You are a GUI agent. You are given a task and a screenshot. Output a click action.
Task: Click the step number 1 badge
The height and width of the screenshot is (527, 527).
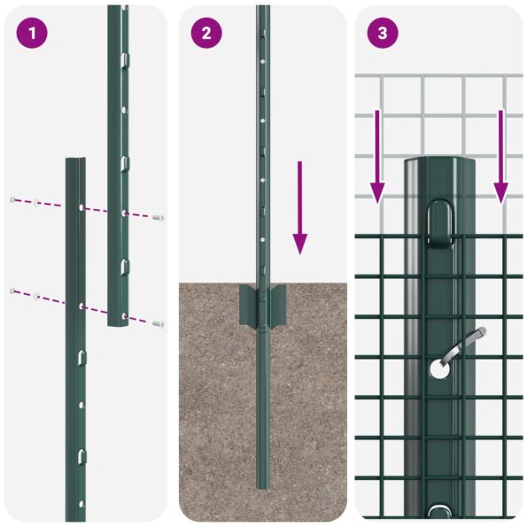point(32,34)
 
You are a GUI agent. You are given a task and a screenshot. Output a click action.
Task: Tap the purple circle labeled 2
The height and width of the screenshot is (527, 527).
point(206,34)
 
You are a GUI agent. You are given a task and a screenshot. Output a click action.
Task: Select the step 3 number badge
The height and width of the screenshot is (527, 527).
point(383,34)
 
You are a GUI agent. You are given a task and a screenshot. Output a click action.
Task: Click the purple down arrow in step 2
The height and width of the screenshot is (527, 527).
point(300,207)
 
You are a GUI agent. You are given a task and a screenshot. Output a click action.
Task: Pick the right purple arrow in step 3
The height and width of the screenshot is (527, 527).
point(501,155)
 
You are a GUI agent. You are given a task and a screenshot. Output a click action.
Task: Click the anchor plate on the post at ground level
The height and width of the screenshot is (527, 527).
point(263,306)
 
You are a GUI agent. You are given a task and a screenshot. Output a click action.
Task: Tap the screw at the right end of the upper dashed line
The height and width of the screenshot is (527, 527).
point(159,217)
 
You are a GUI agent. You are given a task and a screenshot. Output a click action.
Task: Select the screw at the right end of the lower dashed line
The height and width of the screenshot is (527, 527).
point(159,324)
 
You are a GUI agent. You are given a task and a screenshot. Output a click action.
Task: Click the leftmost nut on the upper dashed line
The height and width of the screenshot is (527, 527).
point(13,199)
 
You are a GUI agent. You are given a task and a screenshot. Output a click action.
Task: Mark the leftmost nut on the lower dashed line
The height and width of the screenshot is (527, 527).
point(12,291)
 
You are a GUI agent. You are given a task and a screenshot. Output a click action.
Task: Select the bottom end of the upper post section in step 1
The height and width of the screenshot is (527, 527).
point(118,324)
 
